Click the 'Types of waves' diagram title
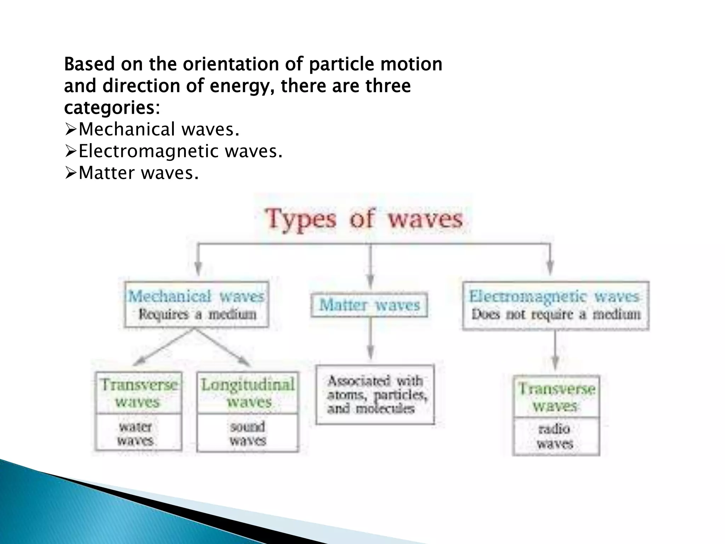click(364, 219)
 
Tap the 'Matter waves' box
click(369, 305)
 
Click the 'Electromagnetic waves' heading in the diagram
click(555, 296)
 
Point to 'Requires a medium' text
click(197, 314)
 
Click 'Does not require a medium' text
click(556, 314)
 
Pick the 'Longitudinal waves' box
click(248, 393)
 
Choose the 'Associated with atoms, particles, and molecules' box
click(375, 395)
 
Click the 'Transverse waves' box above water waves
click(138, 393)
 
